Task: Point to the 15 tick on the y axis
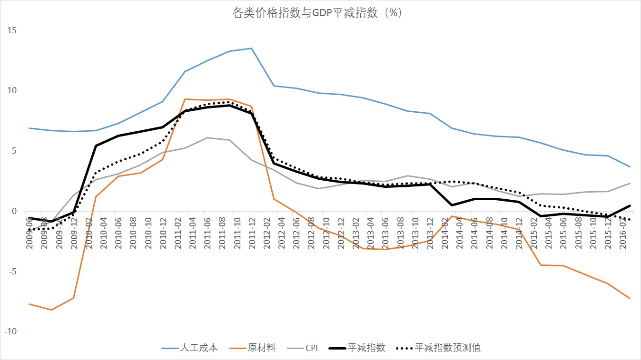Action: pyautogui.click(x=11, y=30)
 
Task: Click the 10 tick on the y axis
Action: pyautogui.click(x=11, y=90)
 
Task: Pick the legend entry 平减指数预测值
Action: pyautogui.click(x=447, y=348)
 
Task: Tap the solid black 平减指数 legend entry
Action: pyautogui.click(x=366, y=348)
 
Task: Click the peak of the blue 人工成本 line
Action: pyautogui.click(x=251, y=48)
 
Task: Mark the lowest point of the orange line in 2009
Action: pyautogui.click(x=51, y=310)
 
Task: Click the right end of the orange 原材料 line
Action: pyautogui.click(x=630, y=299)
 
